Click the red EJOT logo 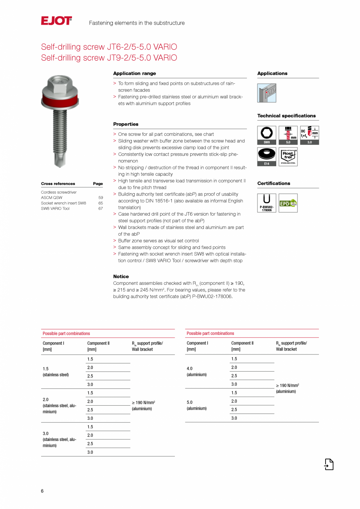(56, 21)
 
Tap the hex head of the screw (60, 83)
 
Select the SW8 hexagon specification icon (266, 135)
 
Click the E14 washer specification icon (266, 156)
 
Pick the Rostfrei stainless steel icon (288, 156)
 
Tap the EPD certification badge (288, 203)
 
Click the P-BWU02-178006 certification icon (266, 203)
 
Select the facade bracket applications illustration (266, 93)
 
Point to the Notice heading (121, 277)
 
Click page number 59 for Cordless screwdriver (101, 198)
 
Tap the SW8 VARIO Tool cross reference (55, 209)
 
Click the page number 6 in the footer (42, 491)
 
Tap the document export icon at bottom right (329, 464)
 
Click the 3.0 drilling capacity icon (310, 135)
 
